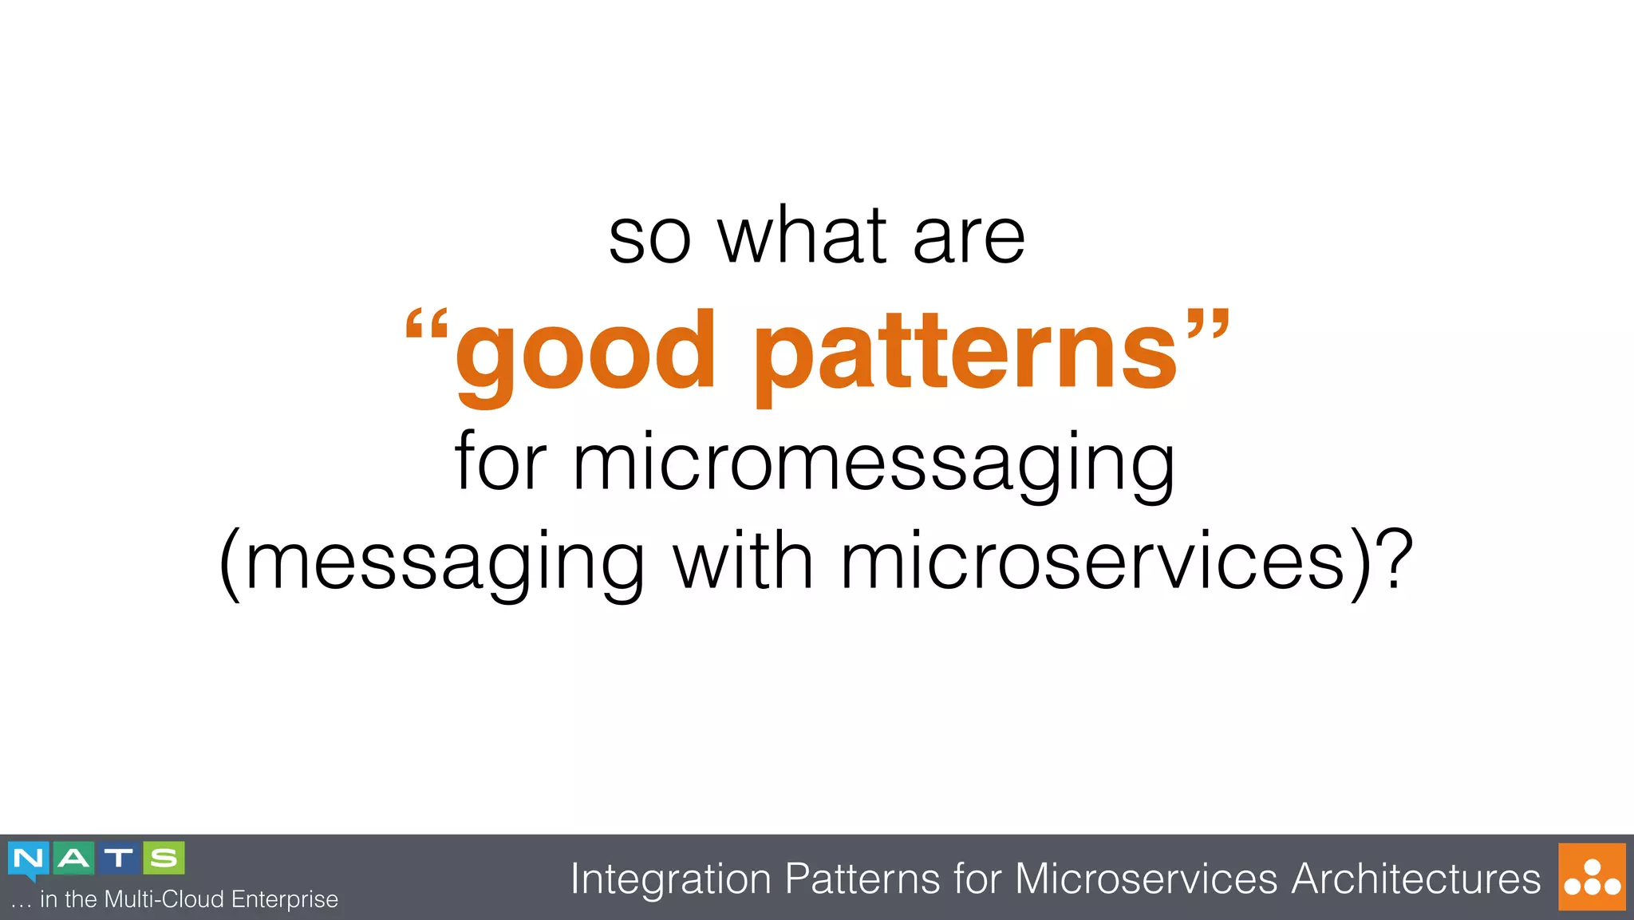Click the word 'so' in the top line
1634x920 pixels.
pos(649,239)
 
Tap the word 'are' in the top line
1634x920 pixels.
pos(969,239)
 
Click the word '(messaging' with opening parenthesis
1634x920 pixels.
pos(432,563)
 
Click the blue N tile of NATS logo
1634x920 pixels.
pos(29,859)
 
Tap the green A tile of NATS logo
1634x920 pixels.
pos(74,859)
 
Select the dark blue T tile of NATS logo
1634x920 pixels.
pos(119,859)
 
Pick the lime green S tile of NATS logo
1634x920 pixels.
pos(164,859)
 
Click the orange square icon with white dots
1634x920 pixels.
pos(1592,877)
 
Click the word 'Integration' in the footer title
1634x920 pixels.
pos(670,879)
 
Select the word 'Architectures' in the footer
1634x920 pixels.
pos(1415,879)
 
